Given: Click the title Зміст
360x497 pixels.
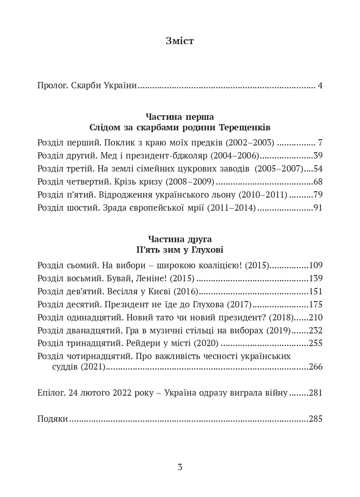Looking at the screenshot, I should click(x=180, y=41).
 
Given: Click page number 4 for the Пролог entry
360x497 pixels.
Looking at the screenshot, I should click(x=320, y=86).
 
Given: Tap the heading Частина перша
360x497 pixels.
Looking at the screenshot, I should click(x=180, y=116).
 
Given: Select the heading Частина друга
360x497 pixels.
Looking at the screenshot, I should click(x=180, y=239).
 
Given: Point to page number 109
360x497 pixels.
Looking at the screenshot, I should click(x=315, y=265).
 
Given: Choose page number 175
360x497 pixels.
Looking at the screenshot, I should click(x=315, y=304).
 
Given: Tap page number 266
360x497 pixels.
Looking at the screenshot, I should click(x=315, y=367).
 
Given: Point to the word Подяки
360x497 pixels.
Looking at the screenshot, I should click(x=53, y=419).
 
